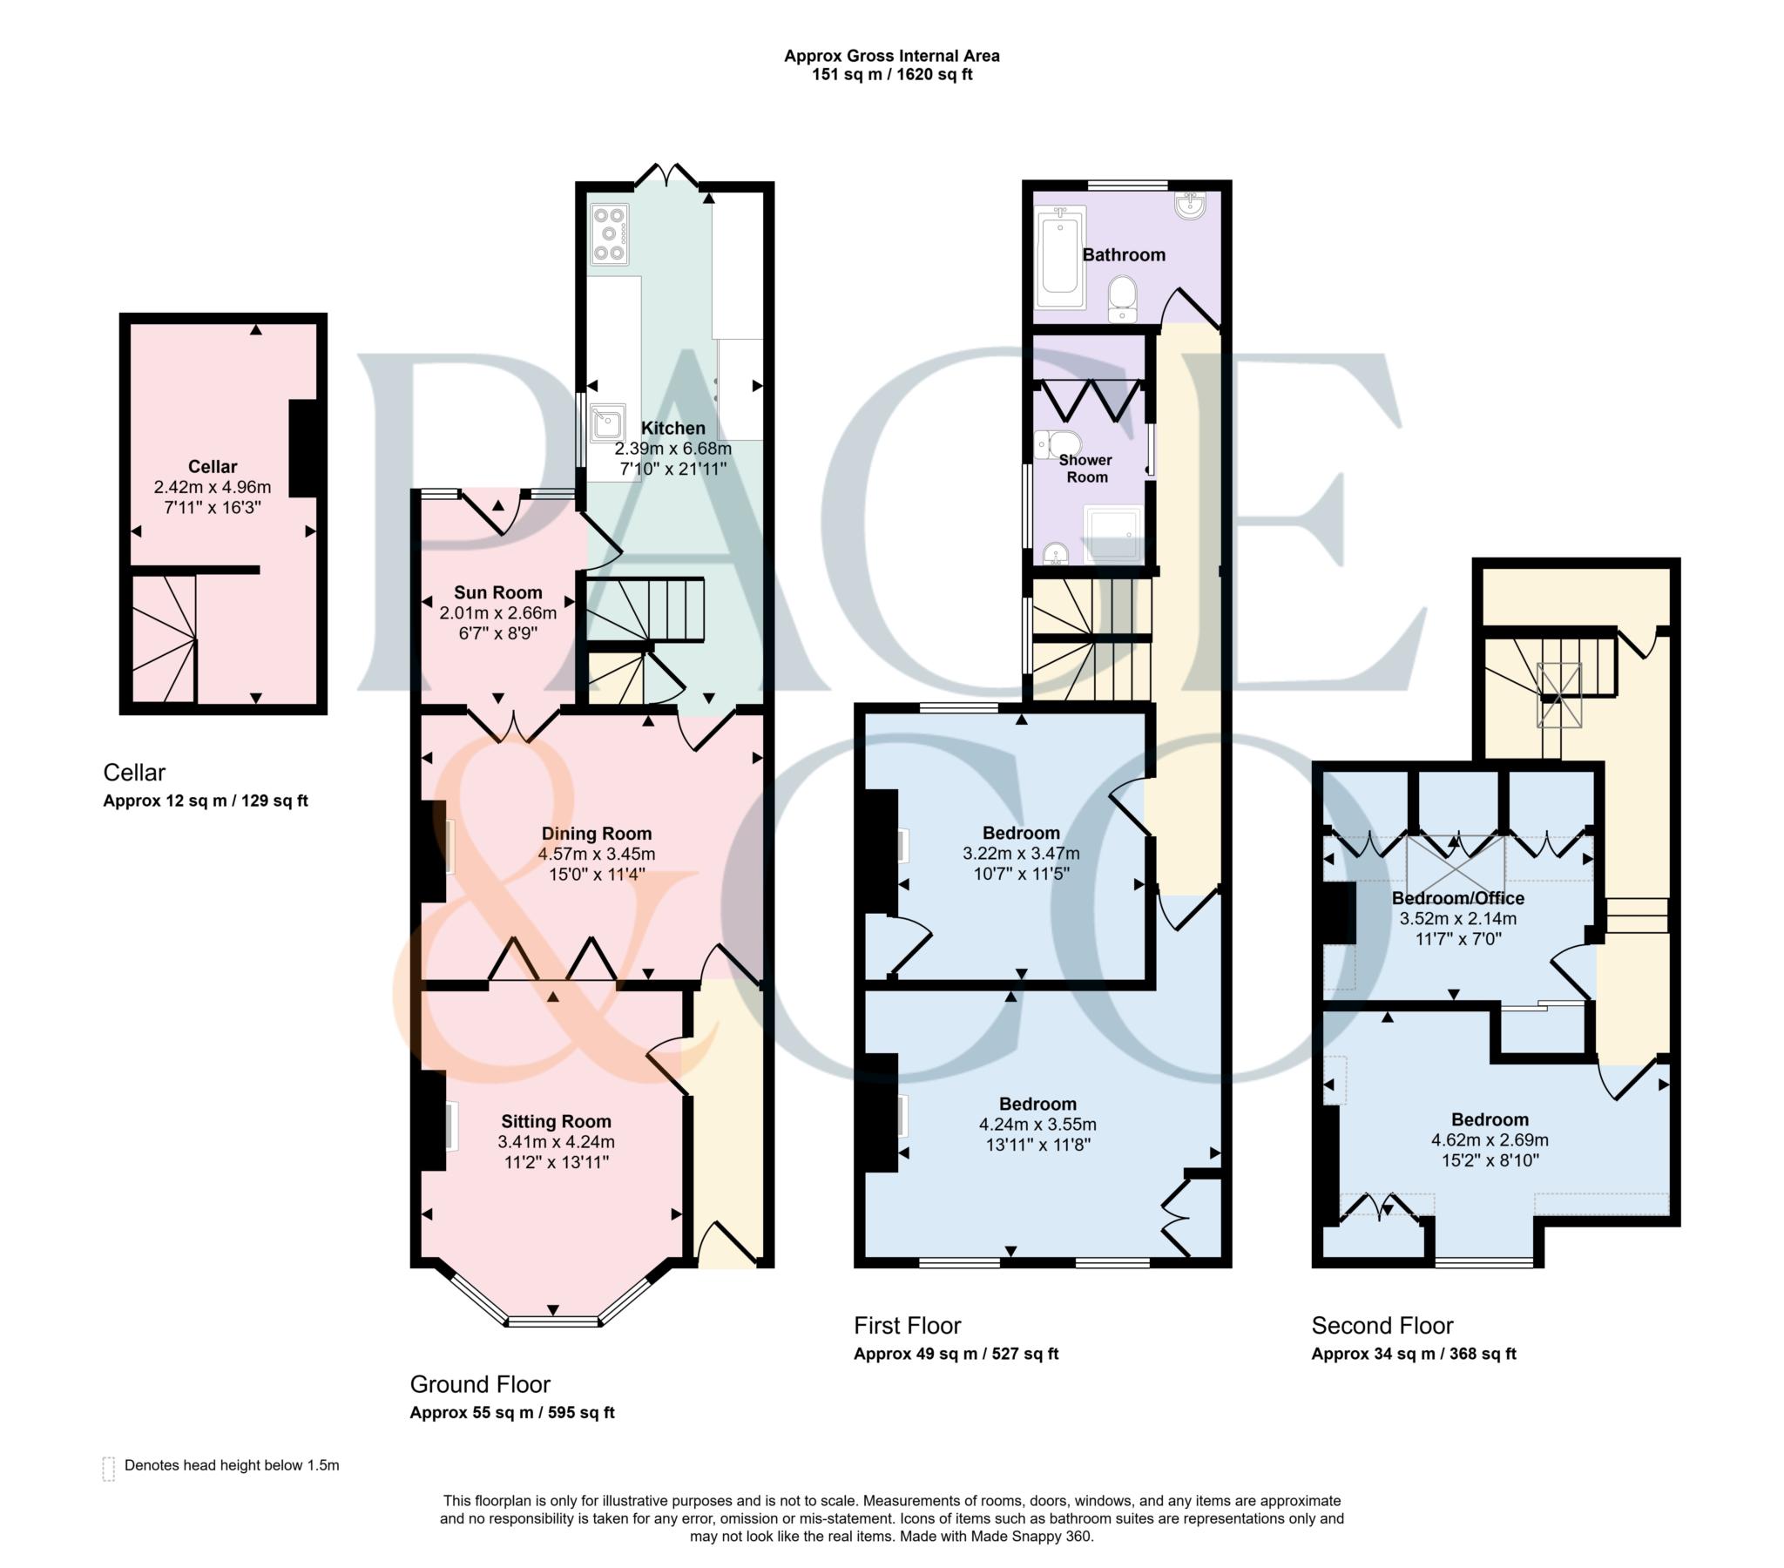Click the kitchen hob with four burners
pos(609,234)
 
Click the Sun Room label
pos(497,593)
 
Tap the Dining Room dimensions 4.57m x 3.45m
pos(596,854)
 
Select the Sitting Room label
pos(556,1122)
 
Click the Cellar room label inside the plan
pos(212,466)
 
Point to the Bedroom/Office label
pos(1457,898)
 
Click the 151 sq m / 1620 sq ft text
pos(892,75)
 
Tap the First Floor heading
pos(907,1326)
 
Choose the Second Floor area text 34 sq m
pos(1413,1354)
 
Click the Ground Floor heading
pos(480,1385)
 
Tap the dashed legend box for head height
pos(109,1470)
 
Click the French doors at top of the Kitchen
pos(666,177)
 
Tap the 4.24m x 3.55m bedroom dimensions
pos(1037,1125)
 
